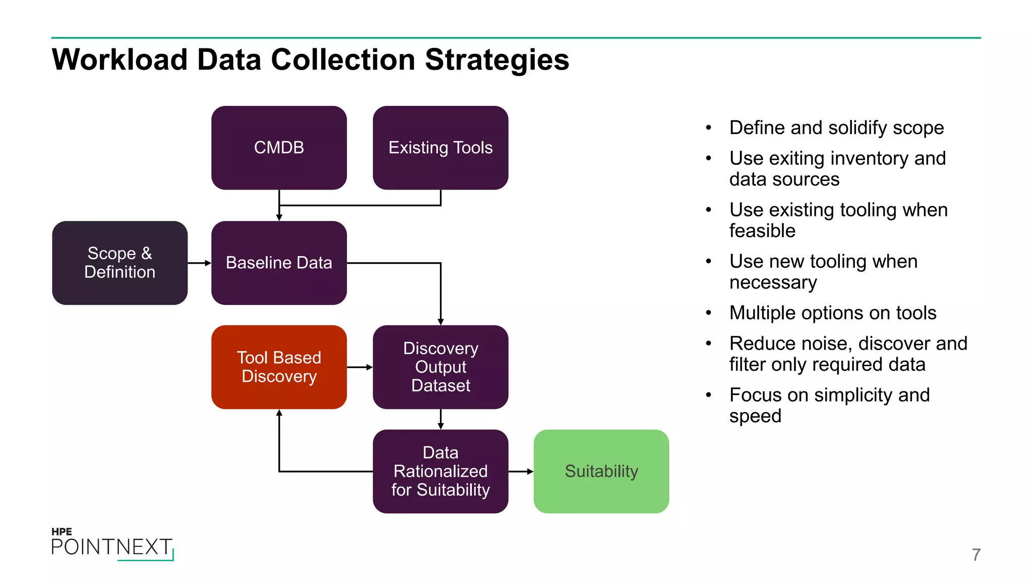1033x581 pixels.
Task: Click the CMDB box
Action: tap(279, 148)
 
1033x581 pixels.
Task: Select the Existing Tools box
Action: tap(440, 148)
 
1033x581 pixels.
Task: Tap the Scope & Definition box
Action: tap(120, 263)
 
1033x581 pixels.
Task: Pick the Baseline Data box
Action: tap(279, 263)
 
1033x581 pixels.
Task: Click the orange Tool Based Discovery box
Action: tap(279, 367)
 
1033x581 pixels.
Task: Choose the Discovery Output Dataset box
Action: tap(440, 367)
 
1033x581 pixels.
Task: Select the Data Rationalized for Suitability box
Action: tap(440, 472)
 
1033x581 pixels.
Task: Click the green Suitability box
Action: tap(601, 472)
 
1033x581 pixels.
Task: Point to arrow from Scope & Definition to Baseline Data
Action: tap(200, 263)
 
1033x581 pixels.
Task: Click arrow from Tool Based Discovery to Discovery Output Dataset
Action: tap(360, 367)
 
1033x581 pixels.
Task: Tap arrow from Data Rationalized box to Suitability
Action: tap(521, 472)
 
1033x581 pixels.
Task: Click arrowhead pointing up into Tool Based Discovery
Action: tap(279, 414)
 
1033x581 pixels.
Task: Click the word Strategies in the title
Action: tap(497, 60)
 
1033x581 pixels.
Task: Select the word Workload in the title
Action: tap(120, 60)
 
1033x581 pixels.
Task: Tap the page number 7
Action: tap(976, 555)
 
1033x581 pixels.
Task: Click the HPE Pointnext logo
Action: tap(112, 544)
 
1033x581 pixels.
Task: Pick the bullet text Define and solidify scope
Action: tap(836, 128)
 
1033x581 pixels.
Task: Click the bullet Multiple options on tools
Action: tap(833, 313)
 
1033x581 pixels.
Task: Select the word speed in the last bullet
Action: tap(755, 416)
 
